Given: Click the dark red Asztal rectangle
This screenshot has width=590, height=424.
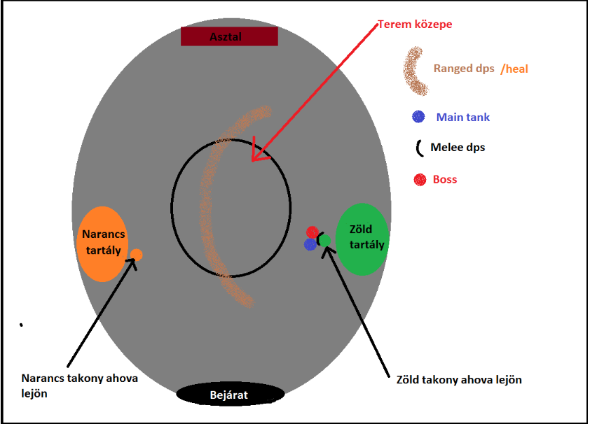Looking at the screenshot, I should pos(229,36).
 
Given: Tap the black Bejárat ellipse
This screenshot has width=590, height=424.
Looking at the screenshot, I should pos(229,395).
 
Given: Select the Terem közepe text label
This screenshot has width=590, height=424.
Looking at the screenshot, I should pos(416,24).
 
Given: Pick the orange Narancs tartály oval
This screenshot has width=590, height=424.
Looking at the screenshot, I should pos(103,243).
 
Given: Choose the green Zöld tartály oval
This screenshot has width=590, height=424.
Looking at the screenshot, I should pos(362,239).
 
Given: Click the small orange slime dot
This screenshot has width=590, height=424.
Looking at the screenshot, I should pos(137,255).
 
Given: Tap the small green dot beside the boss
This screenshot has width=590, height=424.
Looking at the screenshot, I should pos(324,240).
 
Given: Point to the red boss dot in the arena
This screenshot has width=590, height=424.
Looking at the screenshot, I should pos(313,232).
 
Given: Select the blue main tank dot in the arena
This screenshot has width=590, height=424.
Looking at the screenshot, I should pos(310,244).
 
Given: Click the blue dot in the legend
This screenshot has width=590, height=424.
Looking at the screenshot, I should pos(419,117).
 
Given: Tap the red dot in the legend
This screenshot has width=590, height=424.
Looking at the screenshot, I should pos(420,180).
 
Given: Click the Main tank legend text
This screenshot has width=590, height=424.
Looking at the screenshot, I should pos(462,117).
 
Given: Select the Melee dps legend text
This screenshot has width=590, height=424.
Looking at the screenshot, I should pos(458,148).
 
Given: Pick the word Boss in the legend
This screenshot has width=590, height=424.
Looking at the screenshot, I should pos(445,180).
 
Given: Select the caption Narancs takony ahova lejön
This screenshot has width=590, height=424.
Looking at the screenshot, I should pos(79,385).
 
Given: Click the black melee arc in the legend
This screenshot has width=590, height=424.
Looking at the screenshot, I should pos(418,148).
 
